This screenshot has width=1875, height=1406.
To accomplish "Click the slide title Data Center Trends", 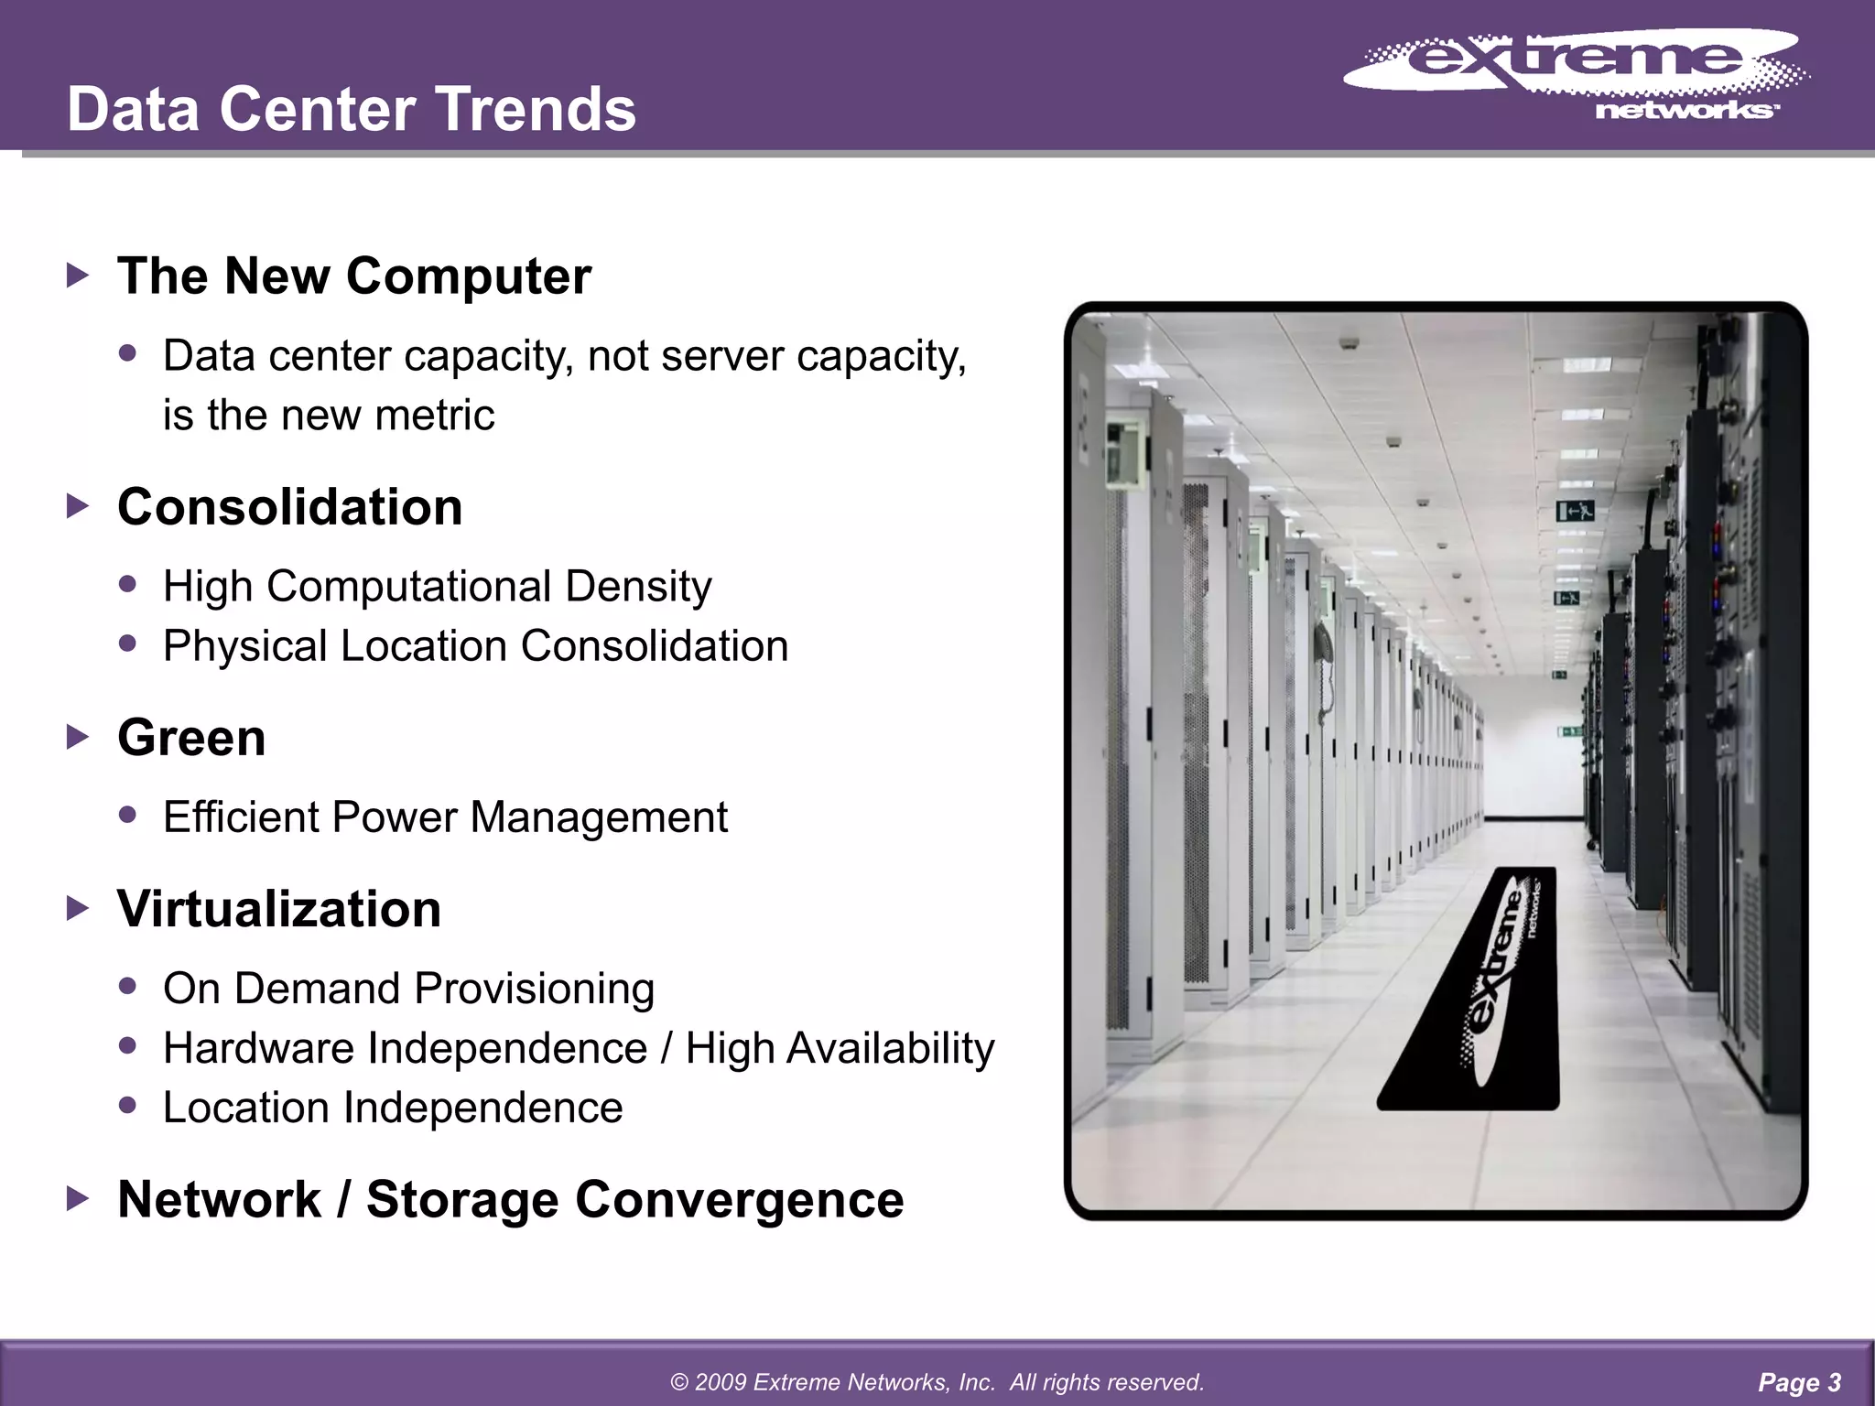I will coord(351,109).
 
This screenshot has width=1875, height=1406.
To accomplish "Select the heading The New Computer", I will coord(354,276).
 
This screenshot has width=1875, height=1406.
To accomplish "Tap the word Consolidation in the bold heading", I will coord(289,507).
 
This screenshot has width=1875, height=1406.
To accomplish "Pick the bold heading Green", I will coord(191,738).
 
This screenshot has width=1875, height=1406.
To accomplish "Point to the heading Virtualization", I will coord(279,909).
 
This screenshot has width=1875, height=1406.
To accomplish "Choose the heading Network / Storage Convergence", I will coord(511,1199).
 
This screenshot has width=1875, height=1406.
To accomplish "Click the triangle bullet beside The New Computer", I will coord(79,275).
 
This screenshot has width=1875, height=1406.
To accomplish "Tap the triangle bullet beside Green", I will coord(79,737).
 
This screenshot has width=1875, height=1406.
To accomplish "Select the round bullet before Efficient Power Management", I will coord(128,814).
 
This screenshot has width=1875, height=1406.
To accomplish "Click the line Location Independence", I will coord(393,1108).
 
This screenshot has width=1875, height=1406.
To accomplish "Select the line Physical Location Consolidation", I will coord(475,646).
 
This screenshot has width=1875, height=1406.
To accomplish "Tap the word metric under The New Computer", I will coord(434,415).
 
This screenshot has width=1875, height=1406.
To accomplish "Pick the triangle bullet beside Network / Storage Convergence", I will coord(79,1198).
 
